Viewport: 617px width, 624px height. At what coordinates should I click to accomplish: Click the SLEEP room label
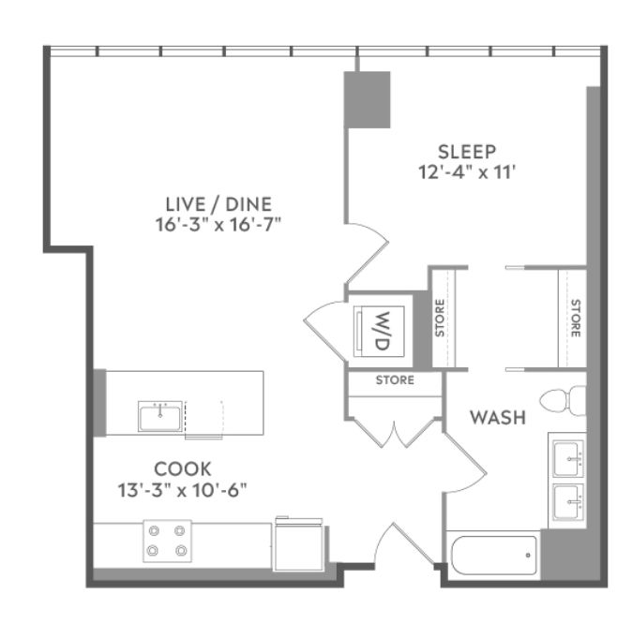[x=467, y=152]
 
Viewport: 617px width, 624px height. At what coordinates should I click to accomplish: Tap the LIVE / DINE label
[x=218, y=204]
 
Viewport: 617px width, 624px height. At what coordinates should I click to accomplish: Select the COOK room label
[x=183, y=469]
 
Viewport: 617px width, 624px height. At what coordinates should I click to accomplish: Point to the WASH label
[x=498, y=418]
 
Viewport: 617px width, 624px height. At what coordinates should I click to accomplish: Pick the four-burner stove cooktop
[x=167, y=541]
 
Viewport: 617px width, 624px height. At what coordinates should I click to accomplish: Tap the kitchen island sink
[x=160, y=416]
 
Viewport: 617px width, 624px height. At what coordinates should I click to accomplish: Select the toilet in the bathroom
[x=563, y=400]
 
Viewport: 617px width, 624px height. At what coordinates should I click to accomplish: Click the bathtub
[x=494, y=556]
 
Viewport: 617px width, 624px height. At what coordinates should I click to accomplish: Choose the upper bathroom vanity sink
[x=569, y=458]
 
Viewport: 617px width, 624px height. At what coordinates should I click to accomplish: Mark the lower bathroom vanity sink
[x=569, y=502]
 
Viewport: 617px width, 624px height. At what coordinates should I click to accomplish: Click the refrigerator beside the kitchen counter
[x=299, y=544]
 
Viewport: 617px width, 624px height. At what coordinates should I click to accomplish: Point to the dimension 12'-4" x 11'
[x=467, y=172]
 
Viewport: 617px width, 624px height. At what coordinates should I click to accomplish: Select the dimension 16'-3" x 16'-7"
[x=218, y=225]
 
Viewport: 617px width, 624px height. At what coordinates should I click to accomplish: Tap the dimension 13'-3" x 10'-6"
[x=183, y=490]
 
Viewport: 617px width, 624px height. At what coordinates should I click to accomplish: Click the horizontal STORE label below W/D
[x=395, y=380]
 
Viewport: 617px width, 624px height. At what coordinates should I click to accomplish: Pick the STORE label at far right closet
[x=575, y=319]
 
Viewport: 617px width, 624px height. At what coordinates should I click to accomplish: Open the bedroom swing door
[x=367, y=253]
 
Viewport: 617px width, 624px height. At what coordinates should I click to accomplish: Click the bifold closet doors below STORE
[x=395, y=432]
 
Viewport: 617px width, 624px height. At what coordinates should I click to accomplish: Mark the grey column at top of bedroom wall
[x=367, y=100]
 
